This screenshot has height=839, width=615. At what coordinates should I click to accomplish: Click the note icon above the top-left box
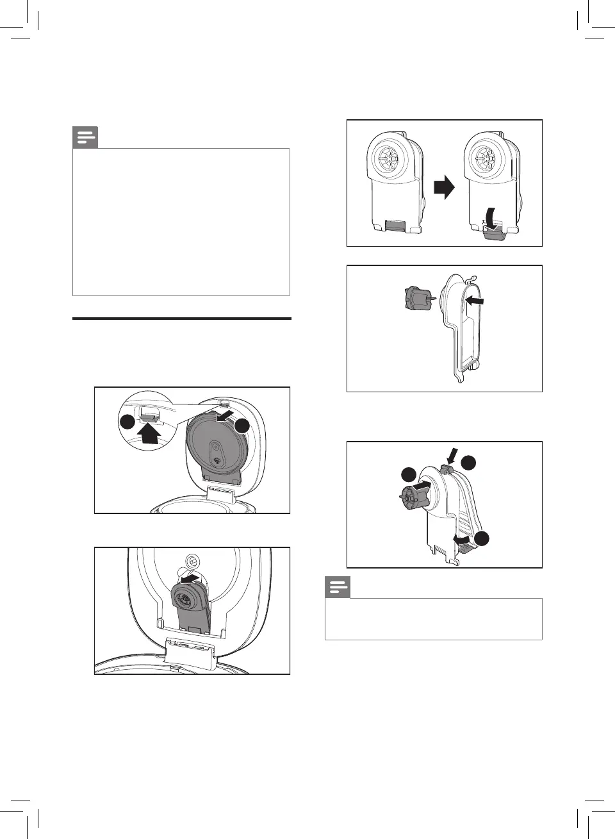(x=85, y=137)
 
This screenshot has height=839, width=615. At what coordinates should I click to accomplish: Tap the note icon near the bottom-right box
(x=338, y=587)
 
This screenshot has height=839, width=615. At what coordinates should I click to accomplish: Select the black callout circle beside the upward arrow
(x=128, y=422)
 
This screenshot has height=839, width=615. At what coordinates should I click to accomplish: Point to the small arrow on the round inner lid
(x=225, y=417)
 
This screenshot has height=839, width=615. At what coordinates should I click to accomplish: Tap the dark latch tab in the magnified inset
(x=149, y=417)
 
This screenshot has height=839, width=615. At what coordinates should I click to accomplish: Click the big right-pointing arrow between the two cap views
(x=444, y=188)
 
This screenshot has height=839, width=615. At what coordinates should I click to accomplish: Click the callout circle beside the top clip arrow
(x=470, y=462)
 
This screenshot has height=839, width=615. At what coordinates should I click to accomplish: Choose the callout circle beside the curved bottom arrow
(x=483, y=539)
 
